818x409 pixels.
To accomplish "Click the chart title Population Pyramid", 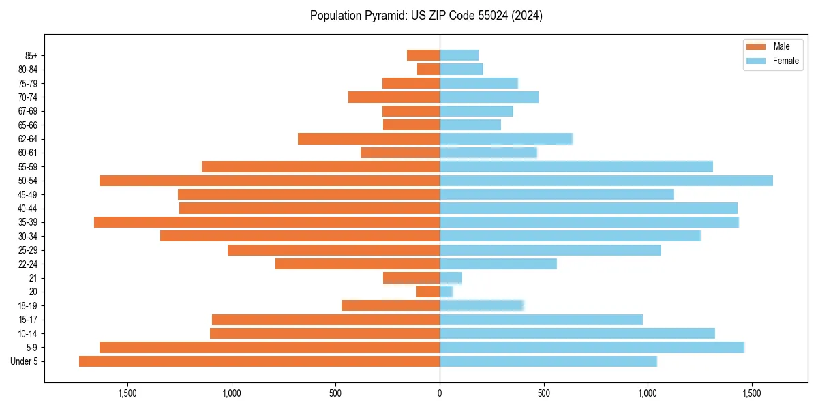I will click(x=426, y=16).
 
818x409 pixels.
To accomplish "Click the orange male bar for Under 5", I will click(x=259, y=361).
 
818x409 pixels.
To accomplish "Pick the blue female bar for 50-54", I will click(x=606, y=181).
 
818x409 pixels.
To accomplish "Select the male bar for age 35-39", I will click(x=267, y=222).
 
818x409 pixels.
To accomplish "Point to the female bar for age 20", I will click(x=446, y=292).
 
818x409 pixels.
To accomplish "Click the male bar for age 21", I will click(x=411, y=278).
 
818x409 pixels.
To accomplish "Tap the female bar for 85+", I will click(x=459, y=55).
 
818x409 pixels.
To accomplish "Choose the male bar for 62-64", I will click(x=369, y=139).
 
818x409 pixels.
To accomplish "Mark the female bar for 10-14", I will click(x=577, y=333).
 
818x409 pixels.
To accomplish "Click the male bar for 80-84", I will click(x=428, y=70).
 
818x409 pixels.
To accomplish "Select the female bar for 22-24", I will click(x=498, y=264).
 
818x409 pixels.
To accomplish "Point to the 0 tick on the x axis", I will click(x=440, y=393).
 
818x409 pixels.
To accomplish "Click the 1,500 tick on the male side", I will click(x=127, y=393).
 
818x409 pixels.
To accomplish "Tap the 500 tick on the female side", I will click(x=543, y=393).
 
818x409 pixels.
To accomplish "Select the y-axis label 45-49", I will click(x=28, y=194).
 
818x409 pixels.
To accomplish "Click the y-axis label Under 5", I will click(x=25, y=361).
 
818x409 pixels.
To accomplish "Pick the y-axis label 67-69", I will click(x=28, y=111).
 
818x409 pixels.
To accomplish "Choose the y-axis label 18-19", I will click(x=28, y=306).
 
